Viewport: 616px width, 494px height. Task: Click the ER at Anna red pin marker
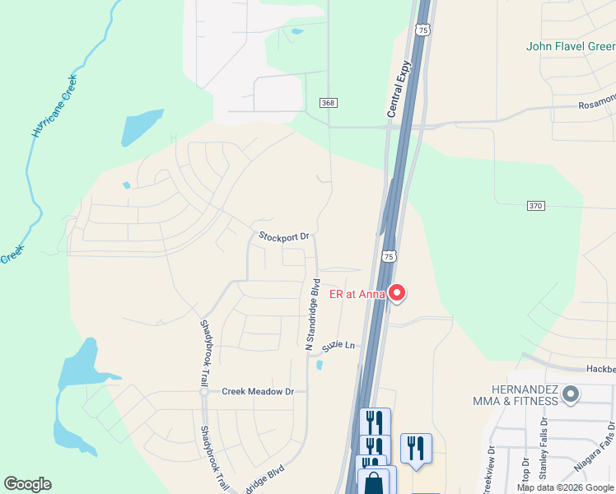(x=397, y=293)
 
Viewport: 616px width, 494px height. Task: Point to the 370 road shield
(x=534, y=206)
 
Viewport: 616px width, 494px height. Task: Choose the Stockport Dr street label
(x=283, y=236)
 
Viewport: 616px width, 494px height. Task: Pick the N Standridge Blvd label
(x=313, y=315)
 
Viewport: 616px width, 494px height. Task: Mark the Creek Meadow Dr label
(x=258, y=392)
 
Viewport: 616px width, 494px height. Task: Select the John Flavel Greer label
(x=571, y=46)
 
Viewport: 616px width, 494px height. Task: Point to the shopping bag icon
(x=373, y=483)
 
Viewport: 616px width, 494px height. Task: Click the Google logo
(x=27, y=484)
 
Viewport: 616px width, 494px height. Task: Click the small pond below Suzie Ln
(x=320, y=365)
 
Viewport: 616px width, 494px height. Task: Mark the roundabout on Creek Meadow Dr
(x=203, y=392)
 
